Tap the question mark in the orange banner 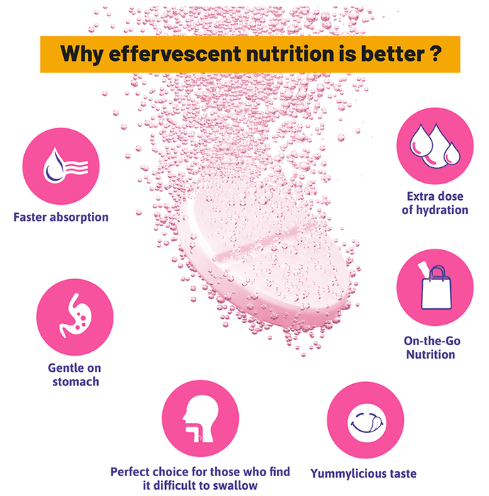(x=436, y=53)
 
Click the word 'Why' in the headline (x=82, y=55)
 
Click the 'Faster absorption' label (x=61, y=218)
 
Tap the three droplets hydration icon (x=435, y=145)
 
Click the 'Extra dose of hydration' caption (x=435, y=203)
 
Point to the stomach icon (x=75, y=316)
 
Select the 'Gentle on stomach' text (x=75, y=375)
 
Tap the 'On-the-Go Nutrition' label (x=432, y=348)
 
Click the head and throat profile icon (x=201, y=418)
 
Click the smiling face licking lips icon (x=366, y=423)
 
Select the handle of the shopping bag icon (x=437, y=272)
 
